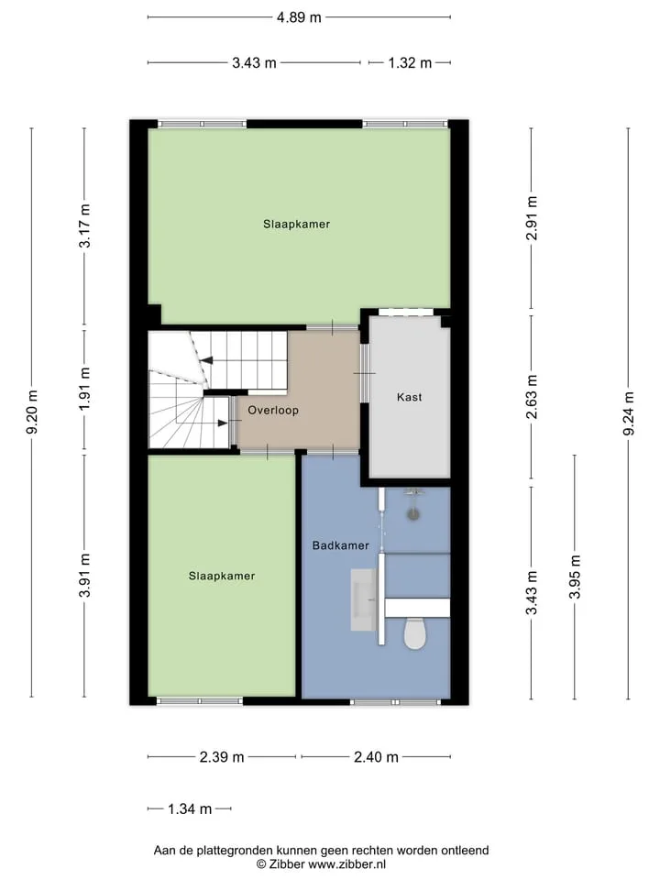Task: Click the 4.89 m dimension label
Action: (299, 17)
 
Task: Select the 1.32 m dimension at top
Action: (410, 63)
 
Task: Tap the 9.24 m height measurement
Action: (629, 413)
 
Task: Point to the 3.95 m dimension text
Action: (575, 577)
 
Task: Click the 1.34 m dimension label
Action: (190, 808)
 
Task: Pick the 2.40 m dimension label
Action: (376, 757)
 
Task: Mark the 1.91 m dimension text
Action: (84, 389)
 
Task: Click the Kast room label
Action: (409, 397)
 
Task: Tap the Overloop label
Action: (273, 411)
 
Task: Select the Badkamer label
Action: (341, 544)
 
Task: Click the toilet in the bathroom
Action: (415, 633)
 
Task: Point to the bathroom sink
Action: (364, 599)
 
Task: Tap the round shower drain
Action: (413, 513)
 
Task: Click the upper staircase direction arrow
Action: (207, 361)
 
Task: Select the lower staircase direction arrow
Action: (223, 423)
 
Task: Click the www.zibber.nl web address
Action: (346, 864)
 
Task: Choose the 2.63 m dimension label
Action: (532, 396)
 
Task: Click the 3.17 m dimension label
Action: (84, 225)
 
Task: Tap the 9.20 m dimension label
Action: (32, 412)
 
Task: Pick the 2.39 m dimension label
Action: (222, 757)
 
